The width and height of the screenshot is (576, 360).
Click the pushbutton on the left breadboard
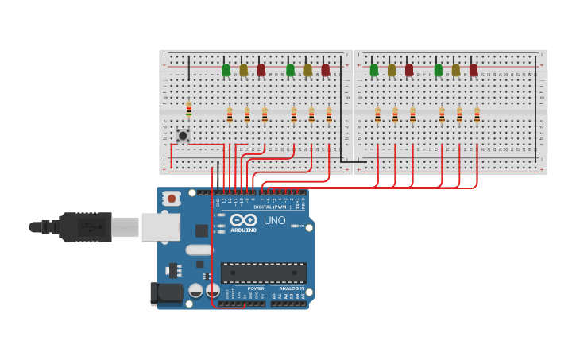[x=183, y=135]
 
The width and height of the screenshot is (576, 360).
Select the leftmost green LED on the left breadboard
[x=226, y=70]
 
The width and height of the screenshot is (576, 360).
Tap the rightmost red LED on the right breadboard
[x=474, y=70]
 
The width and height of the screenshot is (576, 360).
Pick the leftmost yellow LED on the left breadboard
[x=243, y=70]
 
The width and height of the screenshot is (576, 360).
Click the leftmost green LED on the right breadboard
[x=374, y=70]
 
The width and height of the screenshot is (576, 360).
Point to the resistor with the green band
[x=188, y=110]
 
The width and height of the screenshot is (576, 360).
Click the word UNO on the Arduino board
[x=274, y=220]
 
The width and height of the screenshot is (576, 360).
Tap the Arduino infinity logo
[x=244, y=219]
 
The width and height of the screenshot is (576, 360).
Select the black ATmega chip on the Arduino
[x=263, y=273]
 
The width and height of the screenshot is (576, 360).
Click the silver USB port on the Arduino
[x=160, y=226]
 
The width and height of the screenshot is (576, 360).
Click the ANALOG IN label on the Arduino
[x=291, y=288]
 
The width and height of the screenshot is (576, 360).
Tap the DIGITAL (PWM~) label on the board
[x=273, y=207]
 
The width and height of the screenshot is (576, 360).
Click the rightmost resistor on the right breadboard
[x=477, y=115]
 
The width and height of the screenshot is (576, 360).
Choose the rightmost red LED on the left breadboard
[x=325, y=70]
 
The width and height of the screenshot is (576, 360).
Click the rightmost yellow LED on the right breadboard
[x=456, y=70]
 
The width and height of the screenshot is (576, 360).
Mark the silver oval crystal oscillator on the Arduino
[x=199, y=250]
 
